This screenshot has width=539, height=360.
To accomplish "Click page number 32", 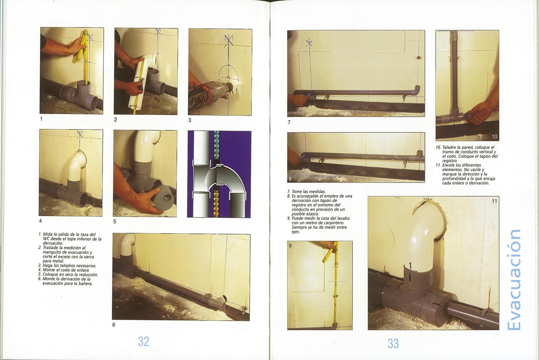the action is point(143,342).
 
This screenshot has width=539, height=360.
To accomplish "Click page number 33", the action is point(393,344).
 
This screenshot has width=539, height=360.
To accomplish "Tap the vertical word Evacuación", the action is point(513,280).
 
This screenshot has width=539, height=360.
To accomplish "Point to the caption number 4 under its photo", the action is point(40,221).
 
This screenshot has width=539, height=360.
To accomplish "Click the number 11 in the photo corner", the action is point(494,201).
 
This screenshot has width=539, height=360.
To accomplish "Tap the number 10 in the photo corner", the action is point(494,137).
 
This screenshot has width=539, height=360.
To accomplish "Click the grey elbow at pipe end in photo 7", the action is point(416,90).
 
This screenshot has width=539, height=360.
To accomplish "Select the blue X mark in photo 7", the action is point(309,43).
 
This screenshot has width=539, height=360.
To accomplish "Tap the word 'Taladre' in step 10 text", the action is point(450,147).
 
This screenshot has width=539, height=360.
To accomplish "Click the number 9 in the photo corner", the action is point(290,246).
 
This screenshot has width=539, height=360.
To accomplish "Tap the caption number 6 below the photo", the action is point(114,325).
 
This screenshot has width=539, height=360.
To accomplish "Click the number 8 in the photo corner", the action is point(290,179).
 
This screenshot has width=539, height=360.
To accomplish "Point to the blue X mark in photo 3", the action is point(228,41).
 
